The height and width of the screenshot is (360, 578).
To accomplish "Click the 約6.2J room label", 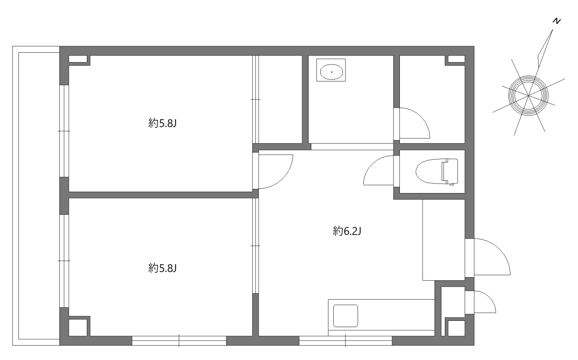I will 348,232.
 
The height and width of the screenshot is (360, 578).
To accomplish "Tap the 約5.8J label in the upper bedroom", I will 161,123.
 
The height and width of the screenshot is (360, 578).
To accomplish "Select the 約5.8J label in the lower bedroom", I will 161,269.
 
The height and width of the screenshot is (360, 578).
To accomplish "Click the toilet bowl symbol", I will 436,171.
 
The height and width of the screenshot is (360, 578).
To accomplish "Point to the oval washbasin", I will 332,71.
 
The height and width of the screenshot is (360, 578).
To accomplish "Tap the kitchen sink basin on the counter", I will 345,316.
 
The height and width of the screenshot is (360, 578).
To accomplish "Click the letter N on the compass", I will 557,21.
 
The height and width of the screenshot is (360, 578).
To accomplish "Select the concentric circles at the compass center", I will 529,95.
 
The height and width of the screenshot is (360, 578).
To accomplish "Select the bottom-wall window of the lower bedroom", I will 179,341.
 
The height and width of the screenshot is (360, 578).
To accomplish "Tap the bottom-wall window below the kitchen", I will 345,341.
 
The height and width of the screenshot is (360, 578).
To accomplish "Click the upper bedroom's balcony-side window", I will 64,130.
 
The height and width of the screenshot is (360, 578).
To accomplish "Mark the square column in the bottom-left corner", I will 79,326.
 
